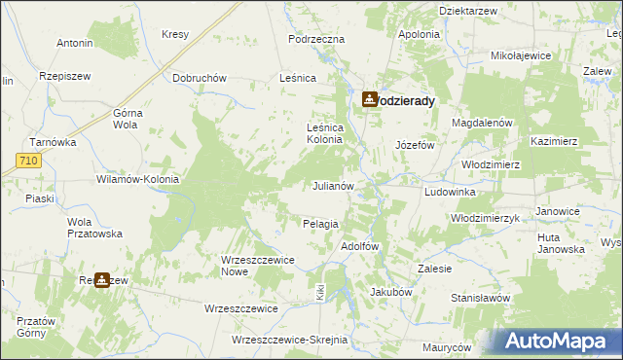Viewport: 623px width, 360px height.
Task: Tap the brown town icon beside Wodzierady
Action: coord(370,99)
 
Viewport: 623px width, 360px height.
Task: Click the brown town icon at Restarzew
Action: coord(102,280)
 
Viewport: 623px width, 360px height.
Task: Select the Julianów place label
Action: coord(339,185)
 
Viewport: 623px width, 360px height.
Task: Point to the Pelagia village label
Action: coord(320,224)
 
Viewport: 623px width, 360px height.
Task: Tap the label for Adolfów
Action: coord(359,246)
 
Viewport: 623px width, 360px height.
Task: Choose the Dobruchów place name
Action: coord(200,78)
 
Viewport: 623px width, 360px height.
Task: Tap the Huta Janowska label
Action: coord(560,242)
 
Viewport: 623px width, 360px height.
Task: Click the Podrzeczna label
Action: coord(317,39)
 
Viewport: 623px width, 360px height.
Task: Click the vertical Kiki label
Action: coord(318,291)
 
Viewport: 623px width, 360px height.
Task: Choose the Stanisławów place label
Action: coord(481,298)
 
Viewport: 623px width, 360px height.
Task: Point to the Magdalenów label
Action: coord(482,124)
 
